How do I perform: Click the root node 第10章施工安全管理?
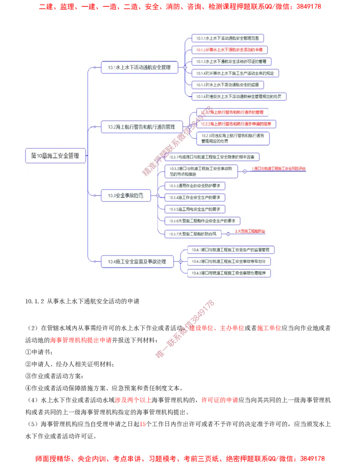tap(55, 155)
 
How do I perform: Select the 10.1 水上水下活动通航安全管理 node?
tap(139, 68)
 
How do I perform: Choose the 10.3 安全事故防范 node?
tap(126, 195)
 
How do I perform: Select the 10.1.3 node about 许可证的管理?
tap(231, 61)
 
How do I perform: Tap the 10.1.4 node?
tap(235, 73)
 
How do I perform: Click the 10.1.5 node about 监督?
tap(227, 85)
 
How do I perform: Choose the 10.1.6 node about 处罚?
tap(239, 96)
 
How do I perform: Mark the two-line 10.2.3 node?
tap(233, 138)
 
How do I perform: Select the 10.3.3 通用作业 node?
tap(195, 185)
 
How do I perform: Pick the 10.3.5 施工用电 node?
tap(195, 209)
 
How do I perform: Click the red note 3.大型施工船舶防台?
tap(250, 231)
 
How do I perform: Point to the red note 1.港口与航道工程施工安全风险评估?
tap(278, 168)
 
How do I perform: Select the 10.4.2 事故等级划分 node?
tap(229, 261)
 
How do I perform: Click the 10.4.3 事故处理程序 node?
tap(229, 273)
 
